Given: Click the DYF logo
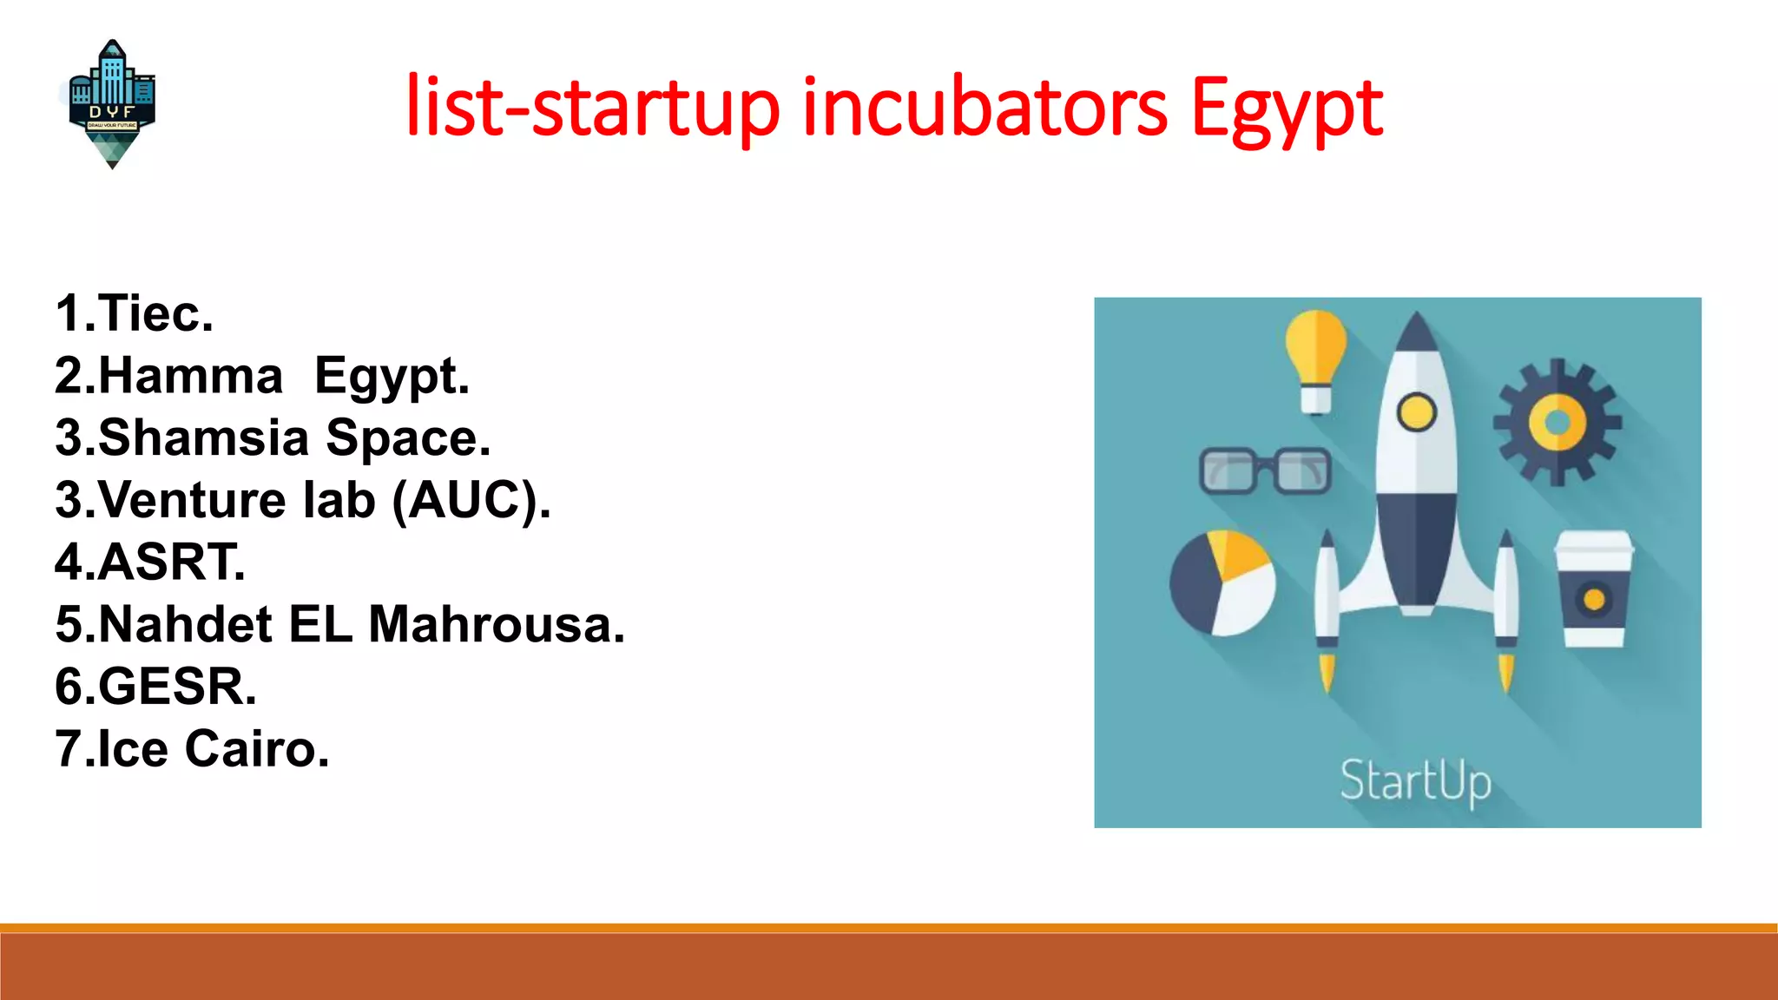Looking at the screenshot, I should click(x=112, y=103).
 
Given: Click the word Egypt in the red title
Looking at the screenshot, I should click(x=1287, y=109).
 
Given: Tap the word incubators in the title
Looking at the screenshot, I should click(x=984, y=108).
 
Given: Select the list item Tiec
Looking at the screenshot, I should click(x=155, y=313).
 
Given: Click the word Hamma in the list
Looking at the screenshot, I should click(x=190, y=376).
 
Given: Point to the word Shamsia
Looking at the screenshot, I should click(x=203, y=437).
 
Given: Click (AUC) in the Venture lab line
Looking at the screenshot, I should click(x=471, y=500).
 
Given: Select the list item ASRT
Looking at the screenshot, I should click(x=171, y=562).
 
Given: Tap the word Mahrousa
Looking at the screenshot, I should click(x=496, y=624).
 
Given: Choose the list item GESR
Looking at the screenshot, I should click(x=177, y=687).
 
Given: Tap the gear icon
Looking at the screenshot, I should click(x=1557, y=422).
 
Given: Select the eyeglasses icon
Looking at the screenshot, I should click(x=1265, y=471).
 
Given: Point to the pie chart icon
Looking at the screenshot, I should click(x=1222, y=582).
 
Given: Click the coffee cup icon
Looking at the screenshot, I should click(x=1594, y=589).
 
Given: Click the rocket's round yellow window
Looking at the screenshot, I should click(x=1416, y=411).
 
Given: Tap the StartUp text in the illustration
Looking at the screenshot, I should click(x=1415, y=780).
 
